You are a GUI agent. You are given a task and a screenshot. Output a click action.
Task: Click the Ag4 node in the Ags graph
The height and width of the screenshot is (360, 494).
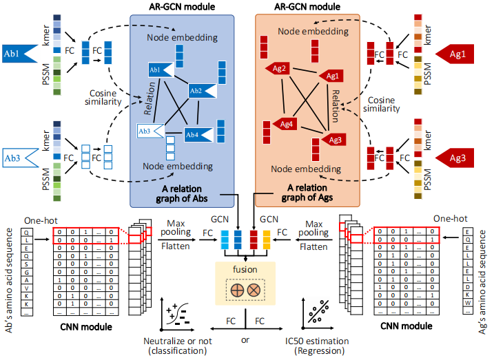coord(285,124)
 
